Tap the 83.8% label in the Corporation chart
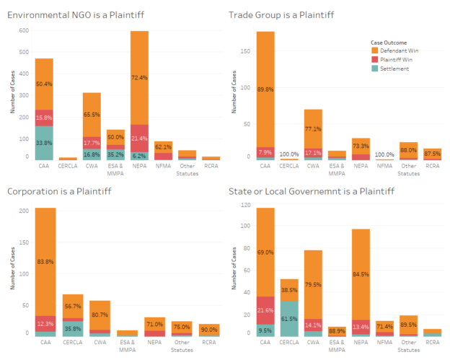pyautogui.click(x=45, y=261)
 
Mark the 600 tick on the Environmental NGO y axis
pyautogui.click(x=23, y=30)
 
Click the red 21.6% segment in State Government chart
pyautogui.click(x=265, y=311)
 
